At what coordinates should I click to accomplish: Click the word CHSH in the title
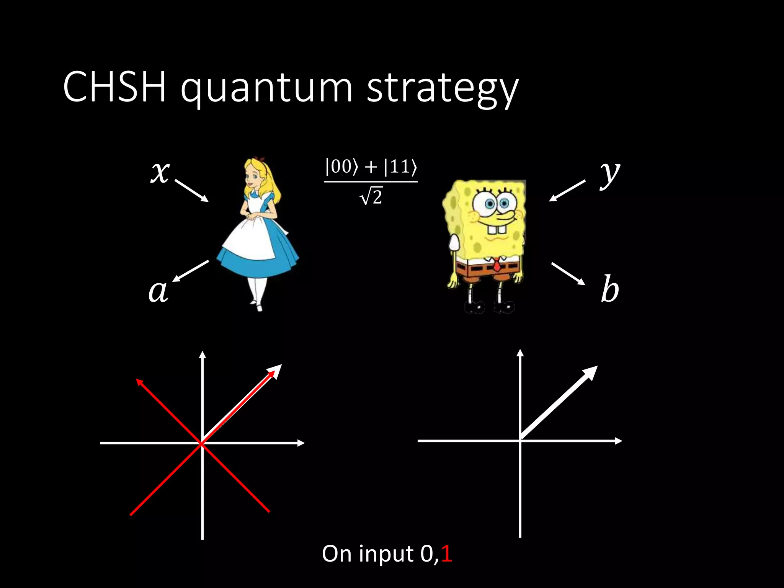coord(114,87)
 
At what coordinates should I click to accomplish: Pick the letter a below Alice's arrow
coord(158,291)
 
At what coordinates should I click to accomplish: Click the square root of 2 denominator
coord(371,197)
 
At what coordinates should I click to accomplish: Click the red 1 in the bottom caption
coord(446,554)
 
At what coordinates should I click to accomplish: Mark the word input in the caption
coord(386,554)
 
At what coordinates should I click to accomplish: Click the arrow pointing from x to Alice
coord(192,191)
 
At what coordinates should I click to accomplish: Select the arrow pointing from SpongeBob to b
coord(568,274)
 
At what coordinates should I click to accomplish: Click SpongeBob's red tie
coord(497,265)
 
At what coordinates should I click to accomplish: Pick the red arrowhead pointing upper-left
coord(140,382)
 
